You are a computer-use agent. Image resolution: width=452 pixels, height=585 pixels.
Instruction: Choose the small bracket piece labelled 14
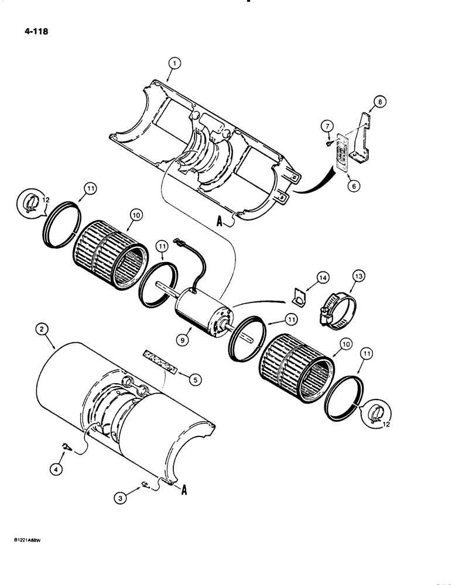click(x=298, y=299)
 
